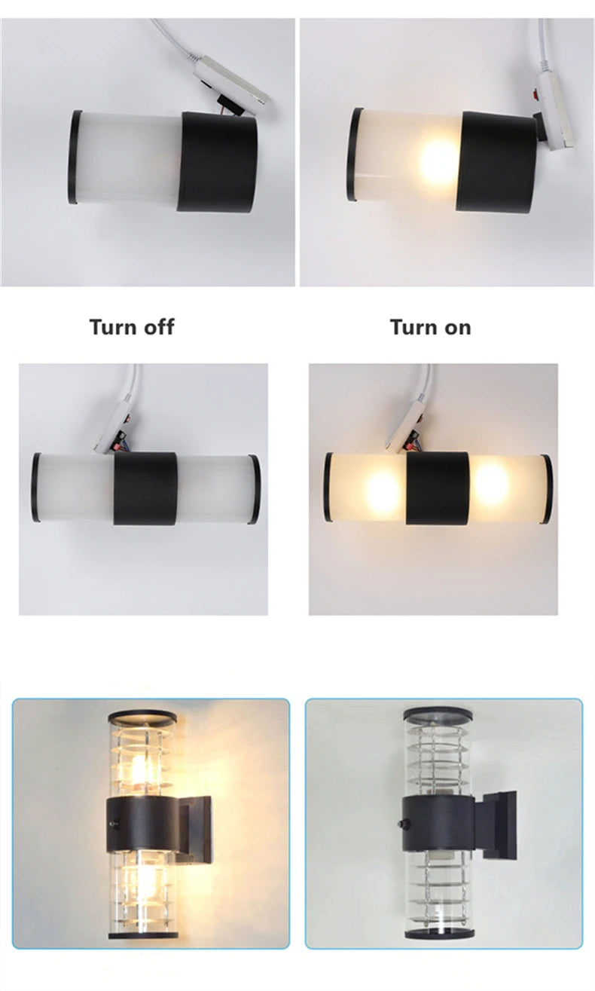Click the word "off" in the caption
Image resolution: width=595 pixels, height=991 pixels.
click(x=157, y=327)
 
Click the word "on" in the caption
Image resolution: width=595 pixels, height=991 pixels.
click(x=455, y=328)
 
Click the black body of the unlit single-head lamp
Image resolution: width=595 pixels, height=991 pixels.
click(x=217, y=162)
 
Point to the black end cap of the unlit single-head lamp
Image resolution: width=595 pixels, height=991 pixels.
click(x=75, y=157)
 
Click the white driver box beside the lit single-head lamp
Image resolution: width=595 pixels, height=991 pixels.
click(x=557, y=112)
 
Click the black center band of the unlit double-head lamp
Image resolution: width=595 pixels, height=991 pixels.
click(x=145, y=488)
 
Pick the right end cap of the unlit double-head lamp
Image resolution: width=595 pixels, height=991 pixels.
click(x=254, y=489)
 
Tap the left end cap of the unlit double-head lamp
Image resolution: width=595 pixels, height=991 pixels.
click(x=36, y=487)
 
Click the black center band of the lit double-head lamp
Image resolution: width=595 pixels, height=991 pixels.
click(x=438, y=488)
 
